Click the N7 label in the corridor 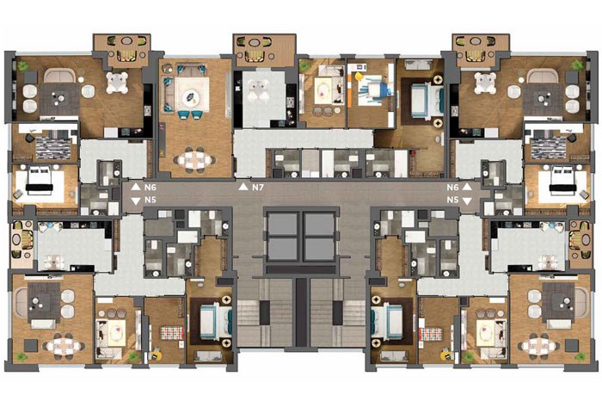[x=258, y=188]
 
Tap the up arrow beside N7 [x=243, y=187]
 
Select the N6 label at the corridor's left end [x=150, y=188]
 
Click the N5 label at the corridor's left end [x=150, y=200]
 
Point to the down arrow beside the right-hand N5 [x=466, y=200]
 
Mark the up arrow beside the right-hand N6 [x=466, y=187]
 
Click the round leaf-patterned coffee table [x=192, y=96]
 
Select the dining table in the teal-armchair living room [x=194, y=159]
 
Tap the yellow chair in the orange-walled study [x=359, y=77]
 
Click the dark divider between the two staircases [x=301, y=312]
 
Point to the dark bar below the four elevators [x=301, y=269]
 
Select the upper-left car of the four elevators [x=283, y=224]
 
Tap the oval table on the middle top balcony [x=254, y=41]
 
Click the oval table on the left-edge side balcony [x=17, y=239]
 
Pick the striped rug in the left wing [x=52, y=147]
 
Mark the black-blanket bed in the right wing [x=563, y=187]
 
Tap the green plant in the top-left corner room [x=22, y=65]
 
